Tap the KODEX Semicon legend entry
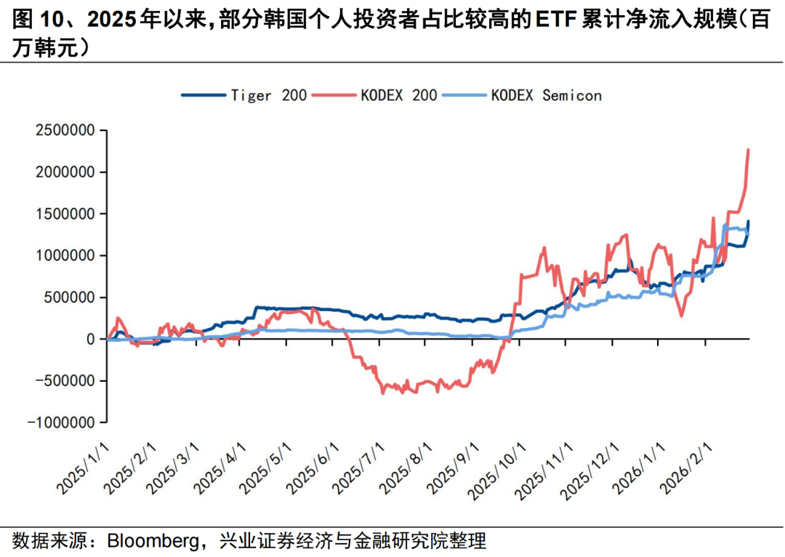pyautogui.click(x=546, y=95)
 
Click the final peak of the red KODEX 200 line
pyautogui.click(x=748, y=149)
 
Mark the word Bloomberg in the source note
pyautogui.click(x=148, y=541)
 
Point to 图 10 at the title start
pyautogui.click(x=36, y=20)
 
